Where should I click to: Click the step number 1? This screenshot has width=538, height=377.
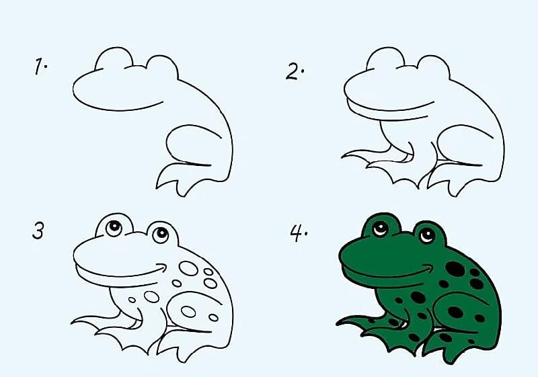[41, 66]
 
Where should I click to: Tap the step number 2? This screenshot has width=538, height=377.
[294, 71]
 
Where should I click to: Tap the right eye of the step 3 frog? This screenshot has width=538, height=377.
[160, 235]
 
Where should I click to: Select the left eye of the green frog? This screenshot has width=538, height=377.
[381, 228]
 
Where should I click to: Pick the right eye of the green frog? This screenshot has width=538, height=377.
[426, 235]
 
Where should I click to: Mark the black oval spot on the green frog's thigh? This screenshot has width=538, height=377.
[457, 312]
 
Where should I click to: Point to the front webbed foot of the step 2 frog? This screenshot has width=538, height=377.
[367, 159]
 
